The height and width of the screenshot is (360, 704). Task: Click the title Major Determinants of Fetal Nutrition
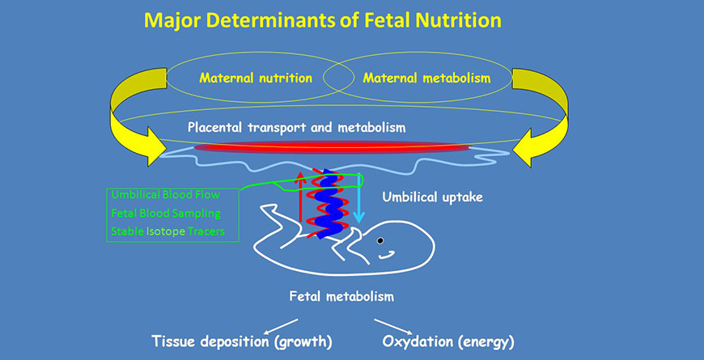pos(322,21)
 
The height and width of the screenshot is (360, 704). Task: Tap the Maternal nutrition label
pos(256,78)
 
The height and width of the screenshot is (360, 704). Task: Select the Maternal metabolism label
pos(427,78)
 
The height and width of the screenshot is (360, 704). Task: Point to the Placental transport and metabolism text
pos(297,128)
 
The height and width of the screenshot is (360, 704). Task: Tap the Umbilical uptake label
pos(433,197)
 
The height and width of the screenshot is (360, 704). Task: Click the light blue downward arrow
pos(358,198)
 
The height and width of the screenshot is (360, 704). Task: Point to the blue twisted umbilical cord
pos(327,203)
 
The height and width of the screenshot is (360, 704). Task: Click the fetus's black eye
pos(380,240)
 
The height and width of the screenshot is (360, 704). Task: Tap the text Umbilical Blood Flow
pos(166,195)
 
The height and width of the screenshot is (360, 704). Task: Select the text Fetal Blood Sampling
pos(166,214)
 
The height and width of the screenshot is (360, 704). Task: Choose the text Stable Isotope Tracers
pos(168,231)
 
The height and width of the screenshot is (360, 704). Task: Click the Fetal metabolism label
pos(341,297)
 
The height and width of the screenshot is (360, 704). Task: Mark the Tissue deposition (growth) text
pos(242,342)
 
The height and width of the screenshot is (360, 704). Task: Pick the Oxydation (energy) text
pos(448,342)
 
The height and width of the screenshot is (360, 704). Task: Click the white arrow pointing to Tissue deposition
pos(281,326)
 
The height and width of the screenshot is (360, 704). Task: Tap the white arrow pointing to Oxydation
pos(391,326)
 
